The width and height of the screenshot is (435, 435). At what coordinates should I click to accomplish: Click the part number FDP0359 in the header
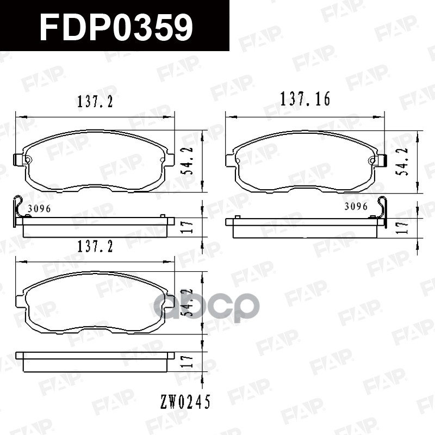[x=116, y=28]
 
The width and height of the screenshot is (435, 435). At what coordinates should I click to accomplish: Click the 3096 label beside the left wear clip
[x=39, y=209]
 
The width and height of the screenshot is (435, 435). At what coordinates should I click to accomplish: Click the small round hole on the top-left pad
[x=29, y=159]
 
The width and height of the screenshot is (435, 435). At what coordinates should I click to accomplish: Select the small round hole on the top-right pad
[x=372, y=160]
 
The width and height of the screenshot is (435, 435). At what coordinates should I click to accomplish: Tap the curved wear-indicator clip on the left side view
[x=17, y=209]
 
